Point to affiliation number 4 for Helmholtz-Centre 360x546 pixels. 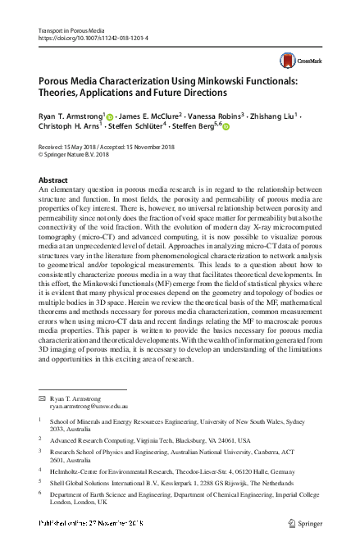click(x=41, y=470)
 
